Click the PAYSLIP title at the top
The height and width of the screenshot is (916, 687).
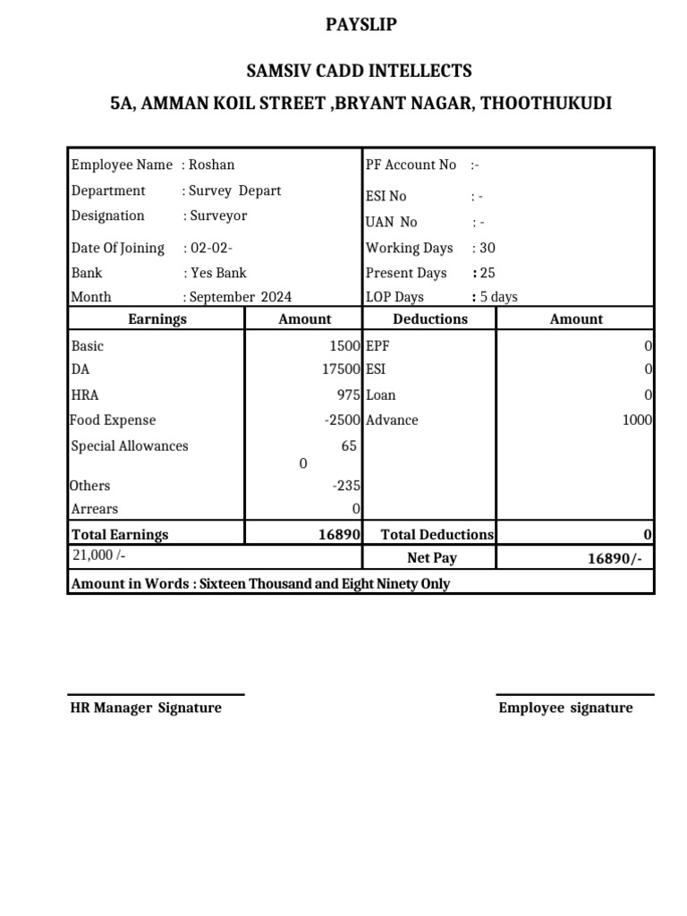[360, 25]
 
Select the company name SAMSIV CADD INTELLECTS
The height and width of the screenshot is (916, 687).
[360, 71]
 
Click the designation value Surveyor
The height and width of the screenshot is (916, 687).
[218, 216]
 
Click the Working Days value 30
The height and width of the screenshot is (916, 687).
[488, 248]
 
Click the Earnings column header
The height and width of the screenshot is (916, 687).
[157, 319]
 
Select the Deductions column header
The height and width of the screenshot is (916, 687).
[430, 319]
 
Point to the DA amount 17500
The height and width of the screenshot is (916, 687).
[344, 369]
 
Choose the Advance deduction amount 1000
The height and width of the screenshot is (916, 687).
[638, 420]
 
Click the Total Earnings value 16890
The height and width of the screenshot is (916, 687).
[339, 534]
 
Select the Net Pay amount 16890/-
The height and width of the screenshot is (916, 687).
[614, 558]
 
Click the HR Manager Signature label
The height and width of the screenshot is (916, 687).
[146, 708]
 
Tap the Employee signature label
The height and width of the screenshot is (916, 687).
[565, 708]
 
